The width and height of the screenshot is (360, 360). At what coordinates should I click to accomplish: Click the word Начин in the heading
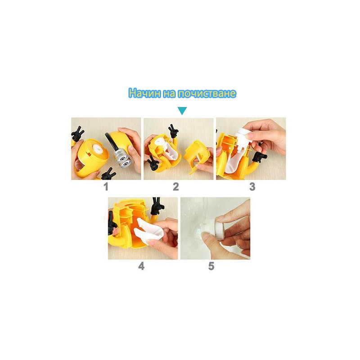coord(144,93)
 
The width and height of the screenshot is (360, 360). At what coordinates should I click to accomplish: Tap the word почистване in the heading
coord(207,93)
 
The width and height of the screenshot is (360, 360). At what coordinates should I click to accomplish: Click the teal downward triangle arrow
coord(182,111)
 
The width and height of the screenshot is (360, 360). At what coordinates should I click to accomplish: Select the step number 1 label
coord(106,187)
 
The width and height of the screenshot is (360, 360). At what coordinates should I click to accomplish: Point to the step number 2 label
coord(176,187)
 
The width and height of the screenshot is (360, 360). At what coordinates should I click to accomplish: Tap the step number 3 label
coord(252,187)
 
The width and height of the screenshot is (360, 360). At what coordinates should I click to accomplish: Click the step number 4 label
coord(141,266)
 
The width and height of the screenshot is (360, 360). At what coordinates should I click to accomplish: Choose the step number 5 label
coord(211,266)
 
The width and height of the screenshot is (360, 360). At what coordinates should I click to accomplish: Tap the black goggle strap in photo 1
coord(111,142)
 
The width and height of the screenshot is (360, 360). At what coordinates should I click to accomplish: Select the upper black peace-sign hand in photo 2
coord(173,131)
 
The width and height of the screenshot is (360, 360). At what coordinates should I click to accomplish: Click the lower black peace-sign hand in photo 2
coord(152,162)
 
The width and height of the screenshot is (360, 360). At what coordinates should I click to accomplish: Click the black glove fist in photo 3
coord(259,157)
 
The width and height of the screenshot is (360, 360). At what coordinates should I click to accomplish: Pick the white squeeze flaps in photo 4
coord(149,229)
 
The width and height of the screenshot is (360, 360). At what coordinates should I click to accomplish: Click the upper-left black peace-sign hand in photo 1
coord(77,134)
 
